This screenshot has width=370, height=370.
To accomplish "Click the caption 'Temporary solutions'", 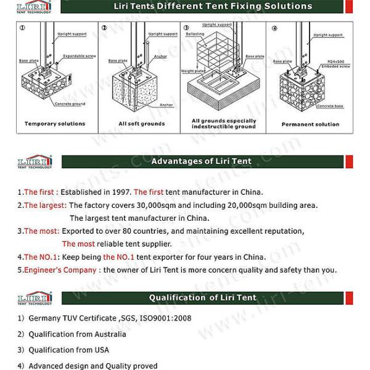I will pos(55,123).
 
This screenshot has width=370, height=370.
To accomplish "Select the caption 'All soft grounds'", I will pos(141,123).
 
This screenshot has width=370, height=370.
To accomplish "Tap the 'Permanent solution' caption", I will pos(310,124).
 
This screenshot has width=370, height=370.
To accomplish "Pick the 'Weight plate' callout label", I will pos(192,71).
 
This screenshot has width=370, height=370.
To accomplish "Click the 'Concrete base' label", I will pos(330,106).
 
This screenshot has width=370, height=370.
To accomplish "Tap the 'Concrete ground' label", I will pos(70,104).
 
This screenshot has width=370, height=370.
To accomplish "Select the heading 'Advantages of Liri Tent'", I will pos(202,162).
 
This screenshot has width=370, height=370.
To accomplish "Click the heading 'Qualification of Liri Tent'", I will pos(201,298).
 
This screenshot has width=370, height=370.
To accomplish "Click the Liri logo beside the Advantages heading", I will pos(35,162).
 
